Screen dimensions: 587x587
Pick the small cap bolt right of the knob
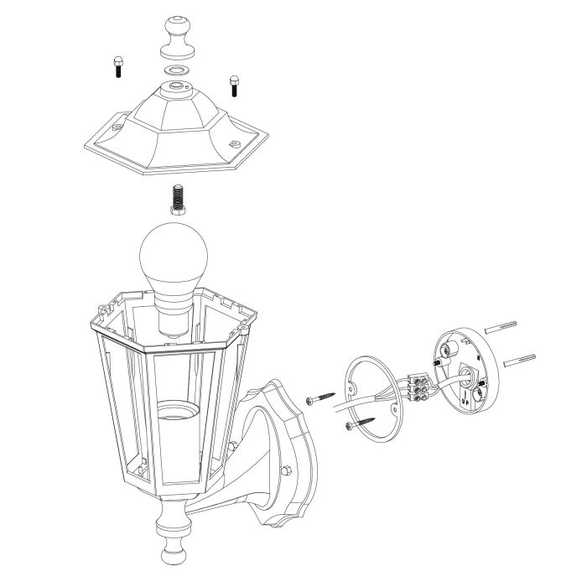coord(234,83)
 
